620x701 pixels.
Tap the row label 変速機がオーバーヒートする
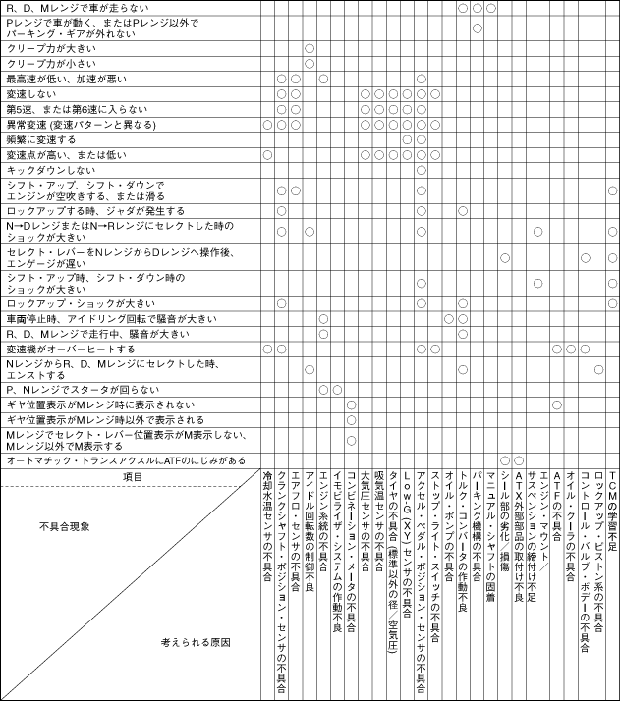(70, 349)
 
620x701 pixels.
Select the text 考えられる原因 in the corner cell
(197, 642)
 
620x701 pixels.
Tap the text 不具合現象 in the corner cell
(65, 527)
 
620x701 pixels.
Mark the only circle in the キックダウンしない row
(421, 170)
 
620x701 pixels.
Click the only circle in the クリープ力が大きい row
(310, 47)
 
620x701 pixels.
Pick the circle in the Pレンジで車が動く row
(477, 27)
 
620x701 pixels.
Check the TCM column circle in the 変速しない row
(612, 93)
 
